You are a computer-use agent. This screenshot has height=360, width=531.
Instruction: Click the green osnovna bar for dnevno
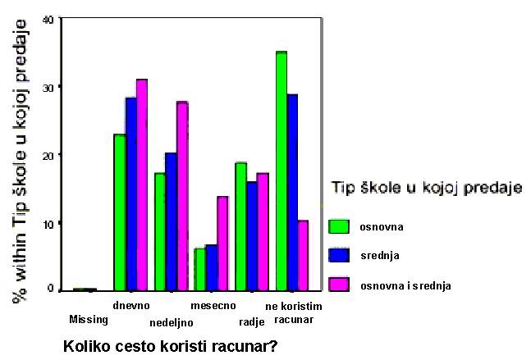coord(120,212)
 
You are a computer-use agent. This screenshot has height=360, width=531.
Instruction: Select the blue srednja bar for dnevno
coord(131,194)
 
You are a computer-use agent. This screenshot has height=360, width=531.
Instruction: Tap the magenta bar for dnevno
coord(142,185)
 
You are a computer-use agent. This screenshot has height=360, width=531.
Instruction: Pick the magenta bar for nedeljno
coord(183,196)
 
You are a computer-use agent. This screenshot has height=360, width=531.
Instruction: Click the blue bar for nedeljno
coord(172,222)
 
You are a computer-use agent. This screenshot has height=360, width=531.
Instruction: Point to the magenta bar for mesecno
coord(222,244)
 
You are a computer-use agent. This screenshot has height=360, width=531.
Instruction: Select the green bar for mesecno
coord(199,270)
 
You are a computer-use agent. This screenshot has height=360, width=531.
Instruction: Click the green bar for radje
coord(240,226)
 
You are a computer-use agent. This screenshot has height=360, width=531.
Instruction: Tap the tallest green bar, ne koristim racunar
coord(282,171)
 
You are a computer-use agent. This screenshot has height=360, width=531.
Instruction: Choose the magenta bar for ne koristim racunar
coord(303,256)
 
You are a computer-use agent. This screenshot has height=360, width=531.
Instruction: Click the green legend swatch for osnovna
coord(339,226)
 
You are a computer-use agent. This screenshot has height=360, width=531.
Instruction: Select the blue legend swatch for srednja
coord(339,256)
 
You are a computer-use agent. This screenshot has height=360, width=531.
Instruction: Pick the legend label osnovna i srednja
coord(405,286)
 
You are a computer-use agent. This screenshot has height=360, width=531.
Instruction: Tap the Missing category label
coord(89,319)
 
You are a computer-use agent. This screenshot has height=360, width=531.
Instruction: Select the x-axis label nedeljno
coord(172,323)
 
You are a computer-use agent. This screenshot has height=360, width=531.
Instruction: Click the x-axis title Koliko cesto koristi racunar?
coord(171,346)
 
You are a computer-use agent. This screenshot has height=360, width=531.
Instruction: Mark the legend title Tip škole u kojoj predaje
coord(427,188)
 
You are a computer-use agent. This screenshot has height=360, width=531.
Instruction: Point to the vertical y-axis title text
coord(19,161)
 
